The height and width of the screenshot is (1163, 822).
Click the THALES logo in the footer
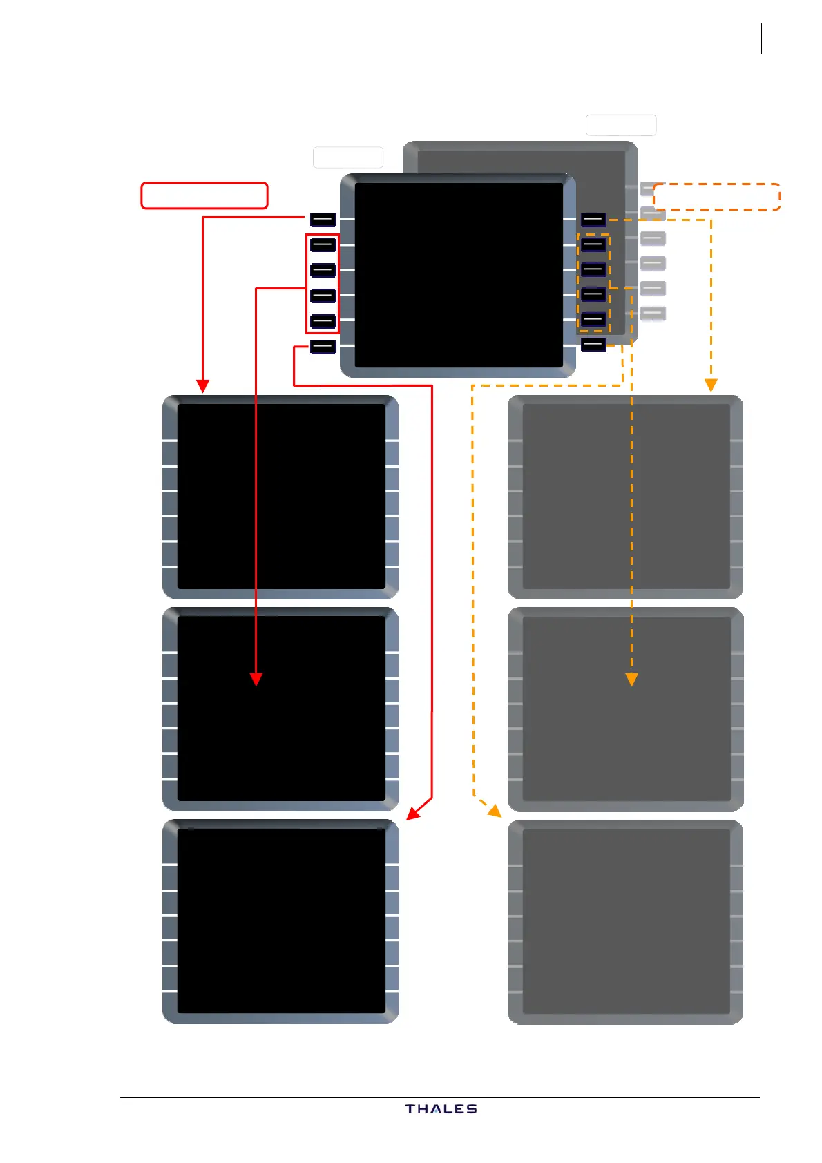[441, 1108]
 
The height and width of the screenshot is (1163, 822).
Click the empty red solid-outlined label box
[204, 195]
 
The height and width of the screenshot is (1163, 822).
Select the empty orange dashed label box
[716, 197]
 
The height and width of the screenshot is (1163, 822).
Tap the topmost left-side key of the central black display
[323, 220]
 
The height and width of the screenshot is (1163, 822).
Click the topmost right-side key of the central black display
[593, 220]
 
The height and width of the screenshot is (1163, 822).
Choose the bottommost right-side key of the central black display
[593, 344]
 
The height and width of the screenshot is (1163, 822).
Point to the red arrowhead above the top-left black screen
[202, 385]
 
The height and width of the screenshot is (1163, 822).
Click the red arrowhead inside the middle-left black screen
[256, 680]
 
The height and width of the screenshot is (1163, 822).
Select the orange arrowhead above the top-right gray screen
[711, 385]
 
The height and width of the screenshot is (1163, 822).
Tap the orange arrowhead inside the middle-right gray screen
[631, 680]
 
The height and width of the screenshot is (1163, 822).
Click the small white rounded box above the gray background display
[620, 125]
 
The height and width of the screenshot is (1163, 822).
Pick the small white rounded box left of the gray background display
[347, 157]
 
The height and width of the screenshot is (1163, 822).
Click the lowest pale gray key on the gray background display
[653, 314]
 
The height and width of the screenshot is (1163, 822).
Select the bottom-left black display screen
[281, 921]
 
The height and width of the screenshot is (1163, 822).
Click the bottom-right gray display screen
[626, 921]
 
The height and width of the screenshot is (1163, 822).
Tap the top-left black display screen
[281, 496]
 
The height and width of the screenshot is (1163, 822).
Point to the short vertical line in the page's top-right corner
[761, 39]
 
